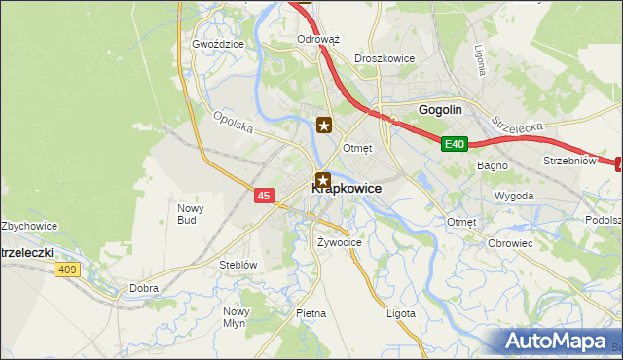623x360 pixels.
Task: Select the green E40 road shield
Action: (455, 144)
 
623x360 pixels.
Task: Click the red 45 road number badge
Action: (264, 196)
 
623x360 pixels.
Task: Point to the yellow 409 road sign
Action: (66, 270)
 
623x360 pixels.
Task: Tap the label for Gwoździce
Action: (217, 44)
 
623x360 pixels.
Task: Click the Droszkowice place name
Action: (385, 58)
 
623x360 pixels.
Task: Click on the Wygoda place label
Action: (514, 196)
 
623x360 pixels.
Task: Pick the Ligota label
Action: (400, 313)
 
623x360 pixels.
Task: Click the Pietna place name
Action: (311, 313)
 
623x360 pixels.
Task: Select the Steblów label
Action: (238, 264)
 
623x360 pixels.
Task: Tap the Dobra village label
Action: (144, 288)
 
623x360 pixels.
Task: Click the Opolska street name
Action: (233, 124)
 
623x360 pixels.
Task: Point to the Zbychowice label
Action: (29, 226)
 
